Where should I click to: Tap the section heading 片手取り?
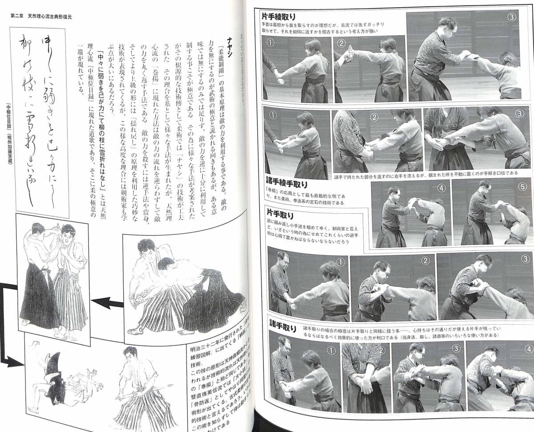coord(281,211)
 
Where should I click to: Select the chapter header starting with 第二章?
coord(41,16)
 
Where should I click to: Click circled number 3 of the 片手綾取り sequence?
coord(512,17)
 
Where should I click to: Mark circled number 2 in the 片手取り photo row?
coord(425,261)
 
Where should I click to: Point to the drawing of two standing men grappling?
coord(53,276)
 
